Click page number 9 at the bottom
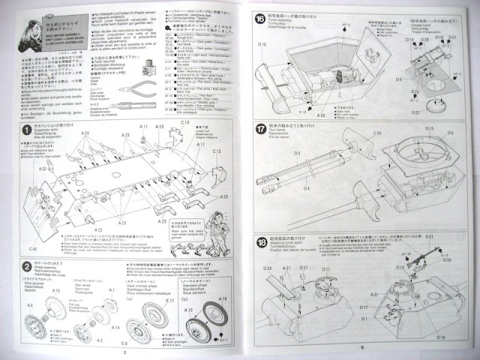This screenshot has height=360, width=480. click(x=360, y=347)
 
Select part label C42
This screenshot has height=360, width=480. click(x=33, y=247)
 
